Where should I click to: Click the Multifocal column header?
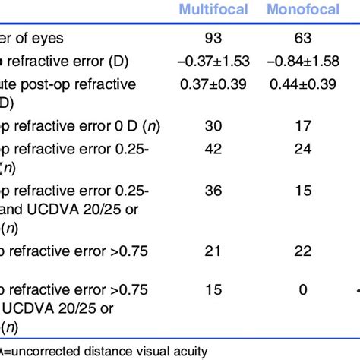tap(213, 10)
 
